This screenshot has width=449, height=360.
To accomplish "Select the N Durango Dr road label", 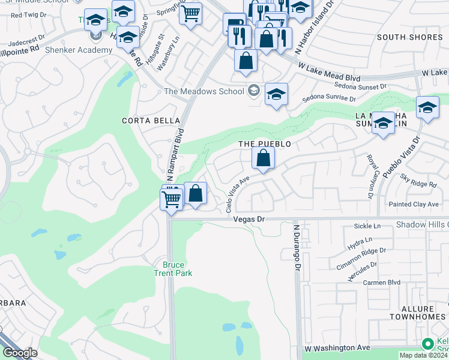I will pos(297,248).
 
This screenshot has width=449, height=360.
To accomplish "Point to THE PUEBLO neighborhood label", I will pos(265,144).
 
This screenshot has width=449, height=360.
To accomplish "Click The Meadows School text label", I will pos(204,91).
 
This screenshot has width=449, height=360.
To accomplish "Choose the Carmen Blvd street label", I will pos(384,282).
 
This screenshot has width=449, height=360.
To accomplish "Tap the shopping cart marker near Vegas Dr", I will pos(172,198).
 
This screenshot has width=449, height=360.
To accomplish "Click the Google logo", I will pos(19,353).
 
